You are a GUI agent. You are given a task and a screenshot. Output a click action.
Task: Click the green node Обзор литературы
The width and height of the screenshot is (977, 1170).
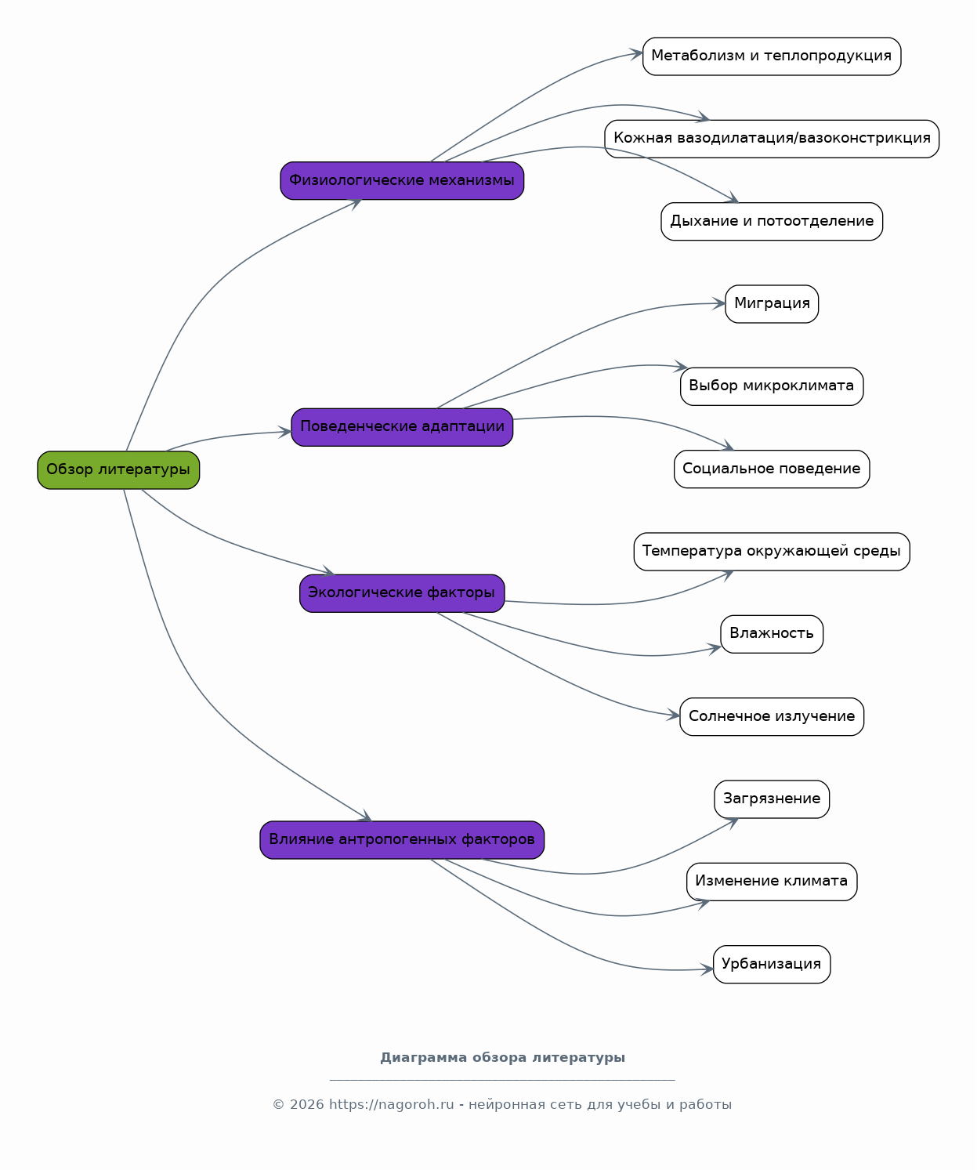click(x=118, y=470)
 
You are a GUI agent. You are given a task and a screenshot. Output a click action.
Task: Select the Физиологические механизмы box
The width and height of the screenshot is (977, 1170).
click(x=402, y=181)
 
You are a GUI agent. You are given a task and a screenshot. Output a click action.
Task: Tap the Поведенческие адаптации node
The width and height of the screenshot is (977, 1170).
click(x=402, y=428)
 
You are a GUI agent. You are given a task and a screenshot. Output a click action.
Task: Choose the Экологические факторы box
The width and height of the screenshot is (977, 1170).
click(x=402, y=593)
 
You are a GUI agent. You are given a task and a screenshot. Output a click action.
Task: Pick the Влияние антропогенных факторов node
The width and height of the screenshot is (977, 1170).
click(x=402, y=840)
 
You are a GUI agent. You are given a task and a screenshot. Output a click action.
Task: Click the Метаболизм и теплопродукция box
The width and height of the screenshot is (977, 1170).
click(x=772, y=56)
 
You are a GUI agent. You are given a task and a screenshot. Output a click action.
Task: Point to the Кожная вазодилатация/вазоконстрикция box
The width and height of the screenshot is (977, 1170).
click(x=772, y=139)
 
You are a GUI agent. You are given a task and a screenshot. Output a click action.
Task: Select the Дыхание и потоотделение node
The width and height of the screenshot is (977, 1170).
click(x=772, y=221)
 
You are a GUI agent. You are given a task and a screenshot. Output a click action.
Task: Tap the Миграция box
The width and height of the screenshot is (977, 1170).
click(x=772, y=304)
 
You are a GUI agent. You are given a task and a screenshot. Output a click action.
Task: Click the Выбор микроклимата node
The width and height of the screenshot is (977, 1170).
click(x=772, y=386)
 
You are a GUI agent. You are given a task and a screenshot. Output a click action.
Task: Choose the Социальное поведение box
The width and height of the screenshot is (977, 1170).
click(x=772, y=469)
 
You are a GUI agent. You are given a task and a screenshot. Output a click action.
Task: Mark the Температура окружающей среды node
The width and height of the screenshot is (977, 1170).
click(x=772, y=552)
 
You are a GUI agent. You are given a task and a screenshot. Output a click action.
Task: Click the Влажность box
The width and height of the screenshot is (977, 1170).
click(x=772, y=634)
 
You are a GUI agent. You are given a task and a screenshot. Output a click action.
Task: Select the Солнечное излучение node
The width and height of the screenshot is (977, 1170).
click(x=772, y=717)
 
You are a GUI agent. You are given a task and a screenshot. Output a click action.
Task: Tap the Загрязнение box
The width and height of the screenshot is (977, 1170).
click(x=772, y=799)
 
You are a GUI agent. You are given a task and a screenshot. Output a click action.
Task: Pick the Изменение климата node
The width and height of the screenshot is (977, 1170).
click(x=772, y=882)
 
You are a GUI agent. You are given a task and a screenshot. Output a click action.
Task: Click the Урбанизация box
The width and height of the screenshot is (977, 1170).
click(x=772, y=965)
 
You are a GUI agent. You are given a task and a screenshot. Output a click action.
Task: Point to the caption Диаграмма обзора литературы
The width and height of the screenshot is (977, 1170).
click(x=502, y=1057)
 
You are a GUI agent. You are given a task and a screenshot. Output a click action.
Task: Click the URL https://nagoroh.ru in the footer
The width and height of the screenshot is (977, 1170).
click(x=391, y=1104)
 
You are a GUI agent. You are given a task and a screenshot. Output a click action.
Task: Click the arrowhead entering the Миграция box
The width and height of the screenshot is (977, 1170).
click(x=718, y=304)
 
